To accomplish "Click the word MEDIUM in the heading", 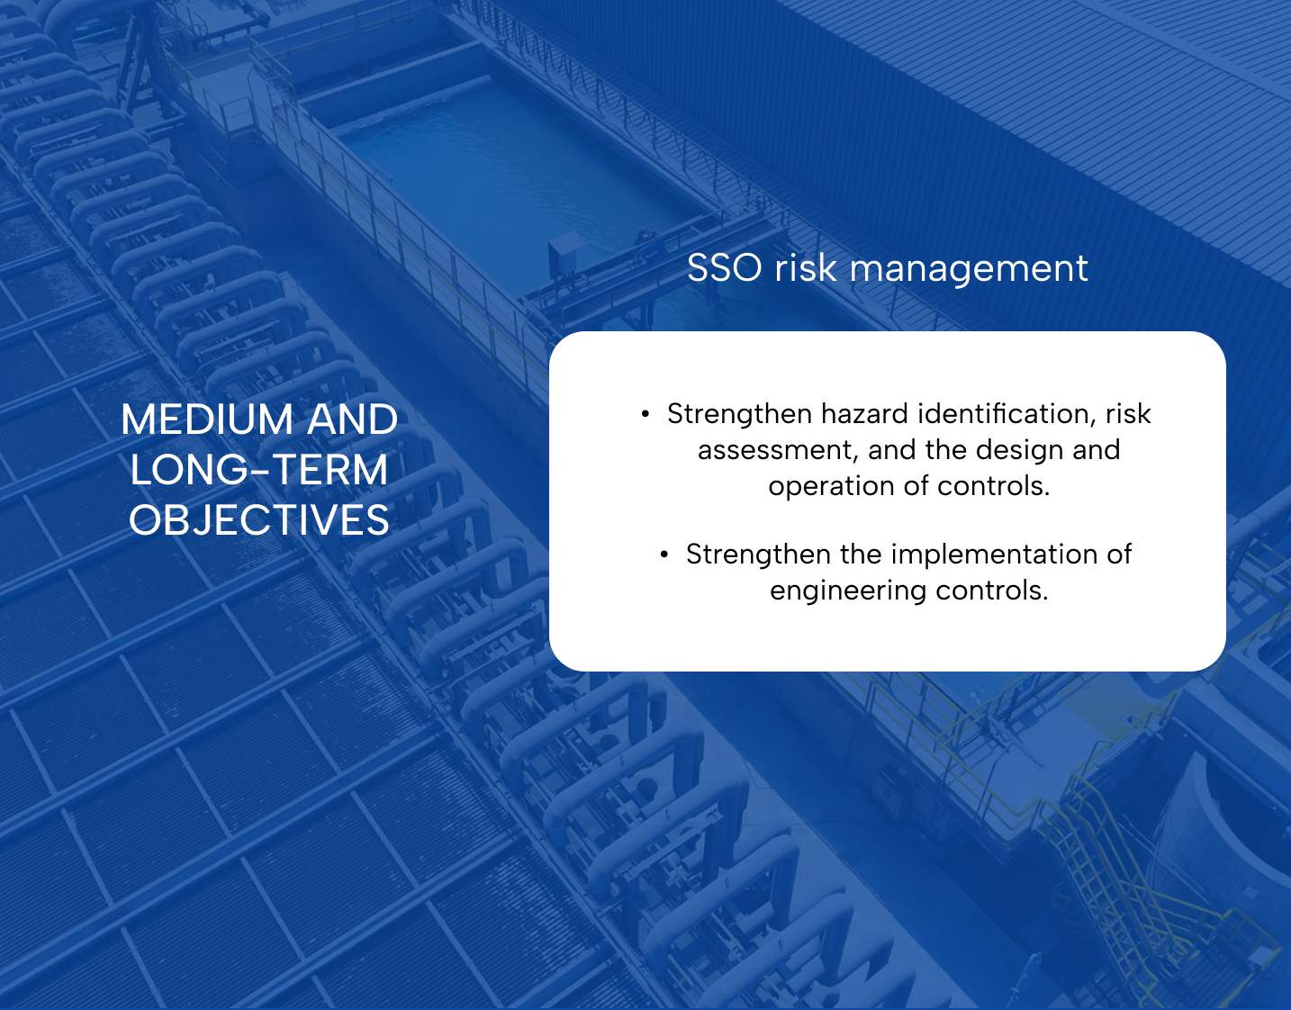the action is [207, 419].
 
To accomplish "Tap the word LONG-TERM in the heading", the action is [259, 470].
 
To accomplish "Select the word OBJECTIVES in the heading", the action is [259, 520].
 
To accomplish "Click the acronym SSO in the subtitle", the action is [724, 267].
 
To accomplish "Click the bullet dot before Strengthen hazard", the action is [645, 414].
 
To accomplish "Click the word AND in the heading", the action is [352, 419].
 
